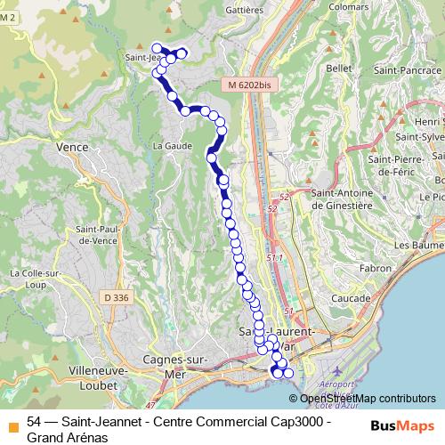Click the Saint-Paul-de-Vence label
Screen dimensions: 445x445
92,234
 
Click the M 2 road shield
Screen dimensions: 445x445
9,29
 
